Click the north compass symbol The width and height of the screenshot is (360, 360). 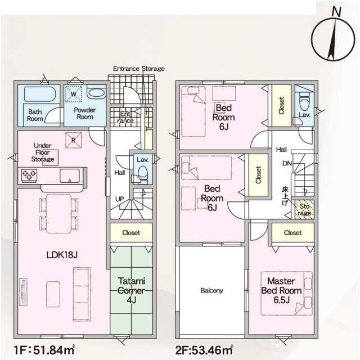click(333, 39)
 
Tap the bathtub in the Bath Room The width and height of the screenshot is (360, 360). click(39, 94)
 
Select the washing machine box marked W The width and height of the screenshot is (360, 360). click(73, 94)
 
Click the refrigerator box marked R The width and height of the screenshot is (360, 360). click(73, 140)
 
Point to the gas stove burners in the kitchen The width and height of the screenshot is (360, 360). click(29, 175)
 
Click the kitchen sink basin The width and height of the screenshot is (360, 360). click(70, 176)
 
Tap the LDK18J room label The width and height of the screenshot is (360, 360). click(62, 255)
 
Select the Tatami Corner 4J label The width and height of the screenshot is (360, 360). click(131, 290)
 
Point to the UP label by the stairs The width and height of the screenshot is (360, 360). click(119, 199)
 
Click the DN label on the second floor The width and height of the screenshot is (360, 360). click(287, 164)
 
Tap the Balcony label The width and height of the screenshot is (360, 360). click(211, 290)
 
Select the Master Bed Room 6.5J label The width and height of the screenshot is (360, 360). click(281, 290)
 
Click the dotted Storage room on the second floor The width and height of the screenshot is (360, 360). click(304, 210)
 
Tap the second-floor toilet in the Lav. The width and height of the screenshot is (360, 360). click(304, 103)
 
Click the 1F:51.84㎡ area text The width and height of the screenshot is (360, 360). click(44, 350)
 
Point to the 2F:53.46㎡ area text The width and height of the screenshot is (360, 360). click(204, 350)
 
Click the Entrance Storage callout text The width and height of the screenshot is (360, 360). click(139, 69)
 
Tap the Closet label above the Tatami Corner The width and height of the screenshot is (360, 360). click(131, 232)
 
